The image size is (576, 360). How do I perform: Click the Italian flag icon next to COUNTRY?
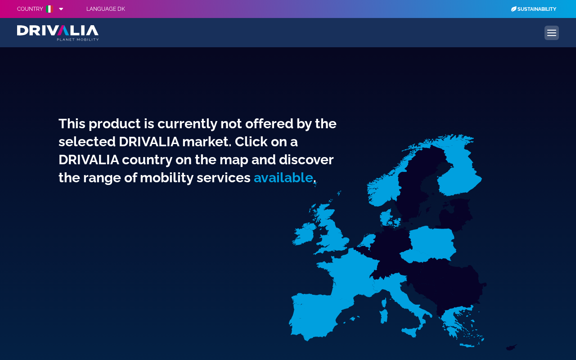click(x=49, y=9)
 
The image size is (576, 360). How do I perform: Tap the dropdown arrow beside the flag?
click(x=61, y=9)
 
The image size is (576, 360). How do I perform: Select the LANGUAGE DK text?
click(x=106, y=9)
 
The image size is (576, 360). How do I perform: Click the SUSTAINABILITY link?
click(x=537, y=9)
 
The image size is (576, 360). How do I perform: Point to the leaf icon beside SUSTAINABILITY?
click(x=513, y=9)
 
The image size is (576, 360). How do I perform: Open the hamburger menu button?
click(x=552, y=33)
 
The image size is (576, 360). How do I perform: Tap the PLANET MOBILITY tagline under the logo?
click(x=78, y=39)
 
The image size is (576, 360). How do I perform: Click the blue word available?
click(x=283, y=178)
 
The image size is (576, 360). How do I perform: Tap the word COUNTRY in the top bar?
click(x=30, y=9)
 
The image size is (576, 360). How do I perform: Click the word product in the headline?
click(x=115, y=124)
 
